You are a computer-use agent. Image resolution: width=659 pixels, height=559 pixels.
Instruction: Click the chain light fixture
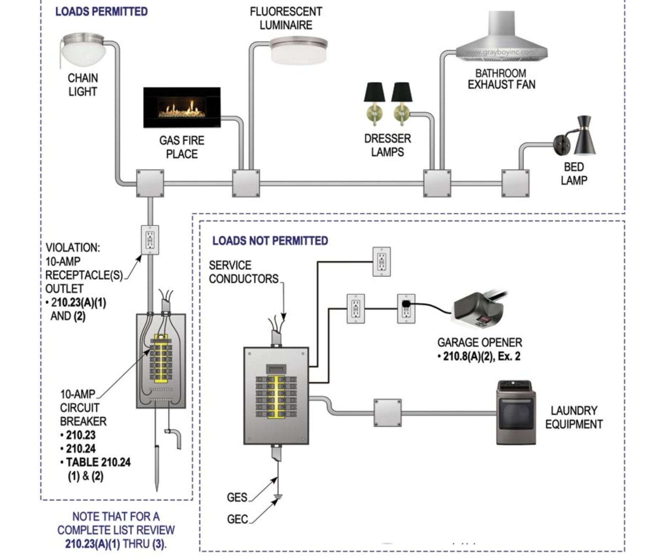tap(83, 49)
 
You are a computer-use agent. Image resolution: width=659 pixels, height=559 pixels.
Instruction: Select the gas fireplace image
tap(182, 107)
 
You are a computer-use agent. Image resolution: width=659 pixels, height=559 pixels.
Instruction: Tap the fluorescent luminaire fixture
tap(298, 51)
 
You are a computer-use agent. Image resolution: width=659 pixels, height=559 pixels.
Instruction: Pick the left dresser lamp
tap(374, 103)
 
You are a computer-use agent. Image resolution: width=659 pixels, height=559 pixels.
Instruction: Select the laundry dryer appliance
tap(516, 412)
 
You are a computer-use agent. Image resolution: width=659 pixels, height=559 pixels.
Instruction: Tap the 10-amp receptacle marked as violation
tap(150, 240)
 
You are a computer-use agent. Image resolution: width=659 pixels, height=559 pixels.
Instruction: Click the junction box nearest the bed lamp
tap(515, 184)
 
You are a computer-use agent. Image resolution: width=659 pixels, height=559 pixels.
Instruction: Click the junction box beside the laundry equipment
tap(387, 413)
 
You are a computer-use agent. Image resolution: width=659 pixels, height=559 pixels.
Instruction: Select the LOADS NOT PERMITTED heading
tap(270, 241)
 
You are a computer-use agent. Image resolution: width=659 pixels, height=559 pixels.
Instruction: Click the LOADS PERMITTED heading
tap(101, 12)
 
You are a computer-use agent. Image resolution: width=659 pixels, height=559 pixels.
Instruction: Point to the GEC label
tap(237, 519)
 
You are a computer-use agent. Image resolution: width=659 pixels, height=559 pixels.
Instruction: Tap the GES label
tap(237, 497)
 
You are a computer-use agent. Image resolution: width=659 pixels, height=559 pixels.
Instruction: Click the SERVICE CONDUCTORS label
tap(243, 272)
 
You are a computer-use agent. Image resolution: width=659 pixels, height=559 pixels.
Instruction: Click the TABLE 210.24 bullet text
tap(98, 462)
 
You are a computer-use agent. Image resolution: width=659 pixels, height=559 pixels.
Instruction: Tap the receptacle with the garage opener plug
tap(406, 309)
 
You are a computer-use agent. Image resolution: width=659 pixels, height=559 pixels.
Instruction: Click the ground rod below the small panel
tap(157, 467)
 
